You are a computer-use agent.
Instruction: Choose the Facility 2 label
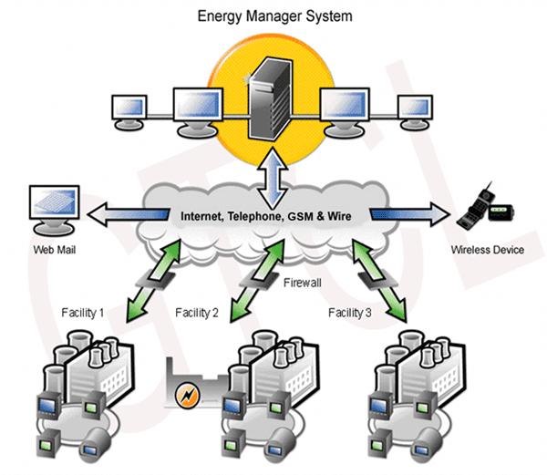pos(196,314)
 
